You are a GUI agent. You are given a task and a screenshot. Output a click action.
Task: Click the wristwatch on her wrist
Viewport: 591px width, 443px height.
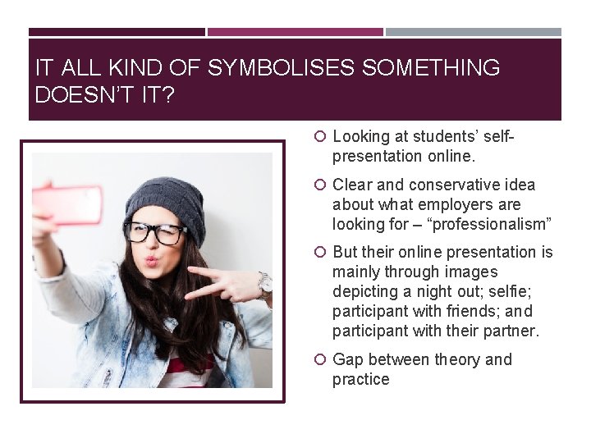(x=265, y=283)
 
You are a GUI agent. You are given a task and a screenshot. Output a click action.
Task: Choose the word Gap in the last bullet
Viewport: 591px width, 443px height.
(x=348, y=359)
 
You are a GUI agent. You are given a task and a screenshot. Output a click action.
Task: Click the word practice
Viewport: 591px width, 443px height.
(x=360, y=379)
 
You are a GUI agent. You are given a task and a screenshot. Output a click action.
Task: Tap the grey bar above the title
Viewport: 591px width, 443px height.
(x=473, y=32)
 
